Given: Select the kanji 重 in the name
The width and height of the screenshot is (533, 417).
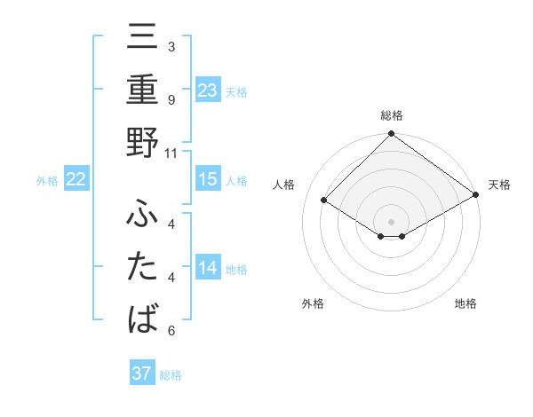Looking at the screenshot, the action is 142,90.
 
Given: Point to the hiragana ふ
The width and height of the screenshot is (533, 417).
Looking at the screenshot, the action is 142,214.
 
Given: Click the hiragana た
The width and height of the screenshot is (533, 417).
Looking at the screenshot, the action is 142,267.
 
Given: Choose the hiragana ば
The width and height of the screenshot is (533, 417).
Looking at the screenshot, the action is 142,319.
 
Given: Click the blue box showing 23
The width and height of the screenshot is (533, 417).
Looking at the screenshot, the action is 208,90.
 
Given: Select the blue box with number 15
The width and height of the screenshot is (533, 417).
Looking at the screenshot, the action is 208,179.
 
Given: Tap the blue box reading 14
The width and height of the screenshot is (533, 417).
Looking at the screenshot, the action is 208,268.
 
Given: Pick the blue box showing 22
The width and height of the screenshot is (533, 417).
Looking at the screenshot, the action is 76,179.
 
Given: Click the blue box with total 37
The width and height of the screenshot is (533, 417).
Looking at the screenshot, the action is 142,374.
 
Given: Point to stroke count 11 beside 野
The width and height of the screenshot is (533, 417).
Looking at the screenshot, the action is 171,153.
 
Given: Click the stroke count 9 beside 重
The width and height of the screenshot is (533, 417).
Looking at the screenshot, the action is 171,100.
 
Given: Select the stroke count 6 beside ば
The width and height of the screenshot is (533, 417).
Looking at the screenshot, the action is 171,331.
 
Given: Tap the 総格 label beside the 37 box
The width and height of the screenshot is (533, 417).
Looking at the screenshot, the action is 171,375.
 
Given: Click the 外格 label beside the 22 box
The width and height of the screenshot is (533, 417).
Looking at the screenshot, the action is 47,181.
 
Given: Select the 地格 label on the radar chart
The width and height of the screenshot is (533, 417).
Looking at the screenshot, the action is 465,303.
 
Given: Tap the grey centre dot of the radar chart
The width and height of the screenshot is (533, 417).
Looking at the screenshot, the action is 392,220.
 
